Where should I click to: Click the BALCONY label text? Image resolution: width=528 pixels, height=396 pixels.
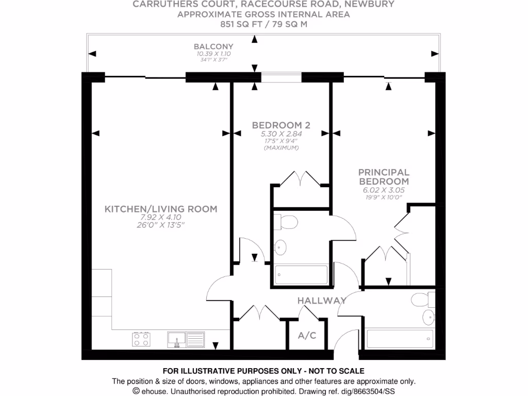[x=213, y=46]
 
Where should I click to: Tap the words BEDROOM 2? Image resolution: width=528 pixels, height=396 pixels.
[x=280, y=125]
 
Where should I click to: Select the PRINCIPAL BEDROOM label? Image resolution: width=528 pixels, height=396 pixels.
[x=384, y=177]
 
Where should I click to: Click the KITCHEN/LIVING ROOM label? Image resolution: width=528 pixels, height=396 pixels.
[x=161, y=209]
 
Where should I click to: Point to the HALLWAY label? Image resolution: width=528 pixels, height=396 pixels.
[x=321, y=301]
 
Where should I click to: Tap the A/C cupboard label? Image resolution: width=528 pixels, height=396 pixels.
[x=307, y=336]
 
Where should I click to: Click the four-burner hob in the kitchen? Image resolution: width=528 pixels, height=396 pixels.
[x=142, y=339]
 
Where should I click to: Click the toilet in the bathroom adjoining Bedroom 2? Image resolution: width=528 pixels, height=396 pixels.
[x=285, y=222]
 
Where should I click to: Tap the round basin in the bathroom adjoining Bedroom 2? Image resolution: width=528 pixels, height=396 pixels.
[x=281, y=247]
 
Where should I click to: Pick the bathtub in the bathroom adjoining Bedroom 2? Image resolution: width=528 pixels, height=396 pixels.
[x=301, y=274]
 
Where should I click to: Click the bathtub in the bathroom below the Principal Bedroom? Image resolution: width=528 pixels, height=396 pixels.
[x=398, y=339]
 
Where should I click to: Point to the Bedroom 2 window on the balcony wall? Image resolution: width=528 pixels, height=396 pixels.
[x=281, y=77]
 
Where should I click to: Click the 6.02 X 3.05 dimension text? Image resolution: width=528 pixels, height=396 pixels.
[x=384, y=190]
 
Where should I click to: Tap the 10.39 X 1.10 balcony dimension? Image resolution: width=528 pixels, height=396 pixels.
[x=213, y=54]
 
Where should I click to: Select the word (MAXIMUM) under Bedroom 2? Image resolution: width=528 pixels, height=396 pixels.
[x=281, y=148]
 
